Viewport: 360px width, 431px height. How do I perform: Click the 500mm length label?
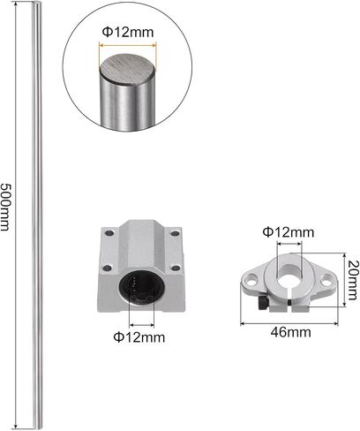tap(5, 207)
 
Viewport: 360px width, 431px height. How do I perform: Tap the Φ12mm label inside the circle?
tap(128, 32)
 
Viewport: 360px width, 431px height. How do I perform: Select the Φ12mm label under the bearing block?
tap(139, 336)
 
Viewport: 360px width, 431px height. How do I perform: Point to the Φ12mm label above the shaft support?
tap(289, 232)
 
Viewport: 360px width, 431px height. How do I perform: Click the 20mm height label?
tap(352, 280)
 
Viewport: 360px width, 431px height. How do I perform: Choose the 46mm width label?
tap(290, 332)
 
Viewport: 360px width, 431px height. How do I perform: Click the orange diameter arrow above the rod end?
tap(128, 45)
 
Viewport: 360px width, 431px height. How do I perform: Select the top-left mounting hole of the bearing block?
tap(109, 233)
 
